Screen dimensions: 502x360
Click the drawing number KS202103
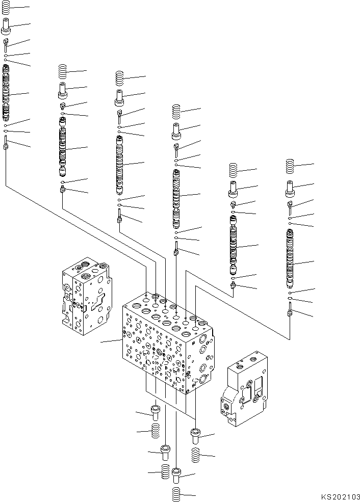coord(340,496)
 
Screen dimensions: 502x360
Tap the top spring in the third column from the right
coord(176,111)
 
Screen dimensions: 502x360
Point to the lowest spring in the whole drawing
coord(176,494)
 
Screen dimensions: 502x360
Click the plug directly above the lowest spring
coord(176,475)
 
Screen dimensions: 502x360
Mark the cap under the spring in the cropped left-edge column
coord(6,24)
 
